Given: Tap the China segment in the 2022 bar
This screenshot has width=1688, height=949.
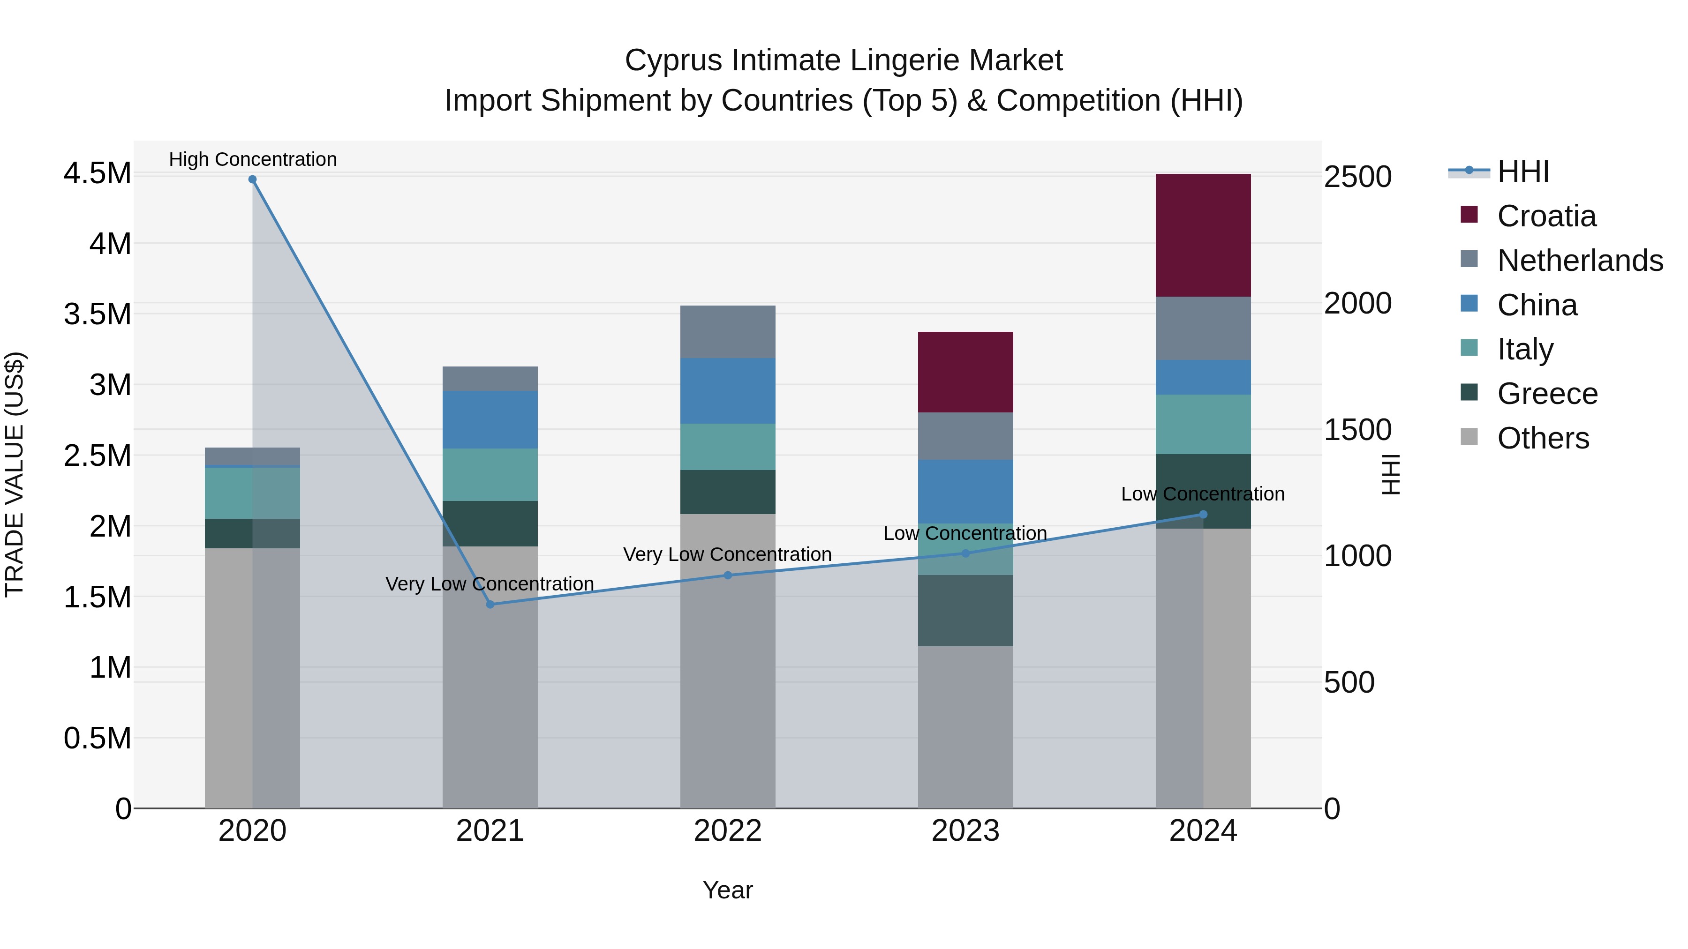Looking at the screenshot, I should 727,390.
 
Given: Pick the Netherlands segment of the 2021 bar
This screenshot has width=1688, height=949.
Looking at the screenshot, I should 490,379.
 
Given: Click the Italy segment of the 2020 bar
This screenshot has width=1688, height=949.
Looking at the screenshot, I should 252,493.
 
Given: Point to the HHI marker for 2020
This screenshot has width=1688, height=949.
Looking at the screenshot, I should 252,179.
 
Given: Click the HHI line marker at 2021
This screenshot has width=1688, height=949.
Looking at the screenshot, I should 490,605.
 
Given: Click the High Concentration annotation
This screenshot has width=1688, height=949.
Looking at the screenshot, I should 253,159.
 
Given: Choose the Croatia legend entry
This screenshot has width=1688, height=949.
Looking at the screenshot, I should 1546,216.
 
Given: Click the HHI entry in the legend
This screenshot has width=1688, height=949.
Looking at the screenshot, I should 1523,172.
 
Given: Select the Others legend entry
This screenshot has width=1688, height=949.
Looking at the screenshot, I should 1543,438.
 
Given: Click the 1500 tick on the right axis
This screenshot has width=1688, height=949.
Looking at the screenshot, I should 1357,430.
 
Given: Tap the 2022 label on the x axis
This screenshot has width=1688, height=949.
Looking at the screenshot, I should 727,831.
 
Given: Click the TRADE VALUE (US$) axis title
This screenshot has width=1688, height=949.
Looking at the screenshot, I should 15,474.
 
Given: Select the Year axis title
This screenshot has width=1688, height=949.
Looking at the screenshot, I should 727,890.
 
